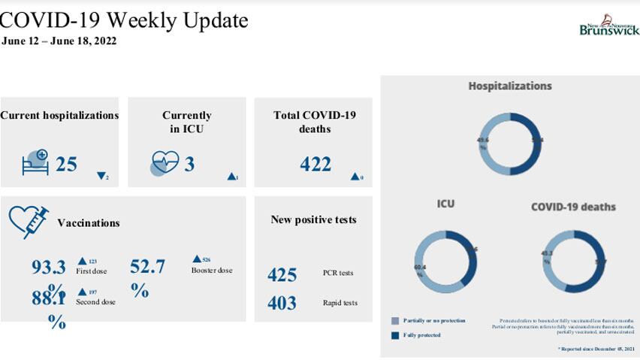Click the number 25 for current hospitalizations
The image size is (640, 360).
(66, 163)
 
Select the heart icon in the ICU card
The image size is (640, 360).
(165, 163)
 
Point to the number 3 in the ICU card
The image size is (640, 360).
(189, 163)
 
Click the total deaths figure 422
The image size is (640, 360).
(315, 163)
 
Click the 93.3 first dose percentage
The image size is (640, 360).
(49, 268)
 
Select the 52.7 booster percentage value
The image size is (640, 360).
(147, 267)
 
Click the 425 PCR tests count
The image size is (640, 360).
(282, 274)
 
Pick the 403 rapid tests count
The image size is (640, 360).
(282, 303)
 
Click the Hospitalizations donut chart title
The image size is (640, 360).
(510, 86)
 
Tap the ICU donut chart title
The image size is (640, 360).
(445, 204)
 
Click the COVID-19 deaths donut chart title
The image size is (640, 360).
(573, 207)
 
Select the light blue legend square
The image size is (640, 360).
(395, 320)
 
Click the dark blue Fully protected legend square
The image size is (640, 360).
(395, 334)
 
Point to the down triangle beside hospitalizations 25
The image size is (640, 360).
(101, 177)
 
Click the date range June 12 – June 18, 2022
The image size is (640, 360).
(59, 41)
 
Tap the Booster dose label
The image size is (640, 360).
(212, 270)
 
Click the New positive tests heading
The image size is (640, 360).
(313, 219)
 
